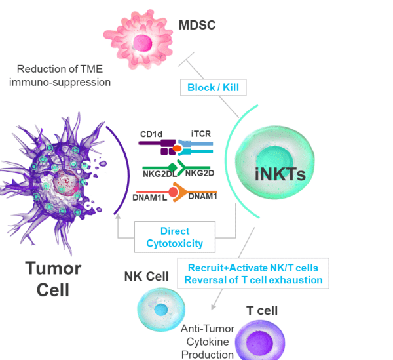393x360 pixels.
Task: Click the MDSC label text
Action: pyautogui.click(x=197, y=26)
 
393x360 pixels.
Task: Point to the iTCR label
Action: pyautogui.click(x=201, y=134)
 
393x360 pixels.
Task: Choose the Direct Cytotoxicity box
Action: pyautogui.click(x=174, y=237)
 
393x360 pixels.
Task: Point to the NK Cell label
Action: pyautogui.click(x=147, y=277)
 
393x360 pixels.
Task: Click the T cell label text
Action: pyautogui.click(x=262, y=310)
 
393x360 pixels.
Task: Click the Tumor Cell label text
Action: pyautogui.click(x=53, y=278)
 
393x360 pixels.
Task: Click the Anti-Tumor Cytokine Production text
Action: pyautogui.click(x=207, y=342)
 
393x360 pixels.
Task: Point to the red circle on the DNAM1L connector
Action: pyautogui.click(x=173, y=192)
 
